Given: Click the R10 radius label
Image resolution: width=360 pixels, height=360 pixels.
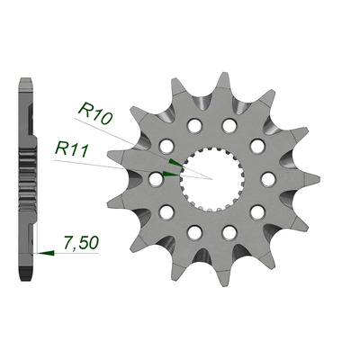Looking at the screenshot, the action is [x=94, y=113].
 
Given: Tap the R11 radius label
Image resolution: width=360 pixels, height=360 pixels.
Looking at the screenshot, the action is [x=71, y=149].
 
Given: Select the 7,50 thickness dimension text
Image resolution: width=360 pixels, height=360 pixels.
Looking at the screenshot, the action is [x=81, y=242].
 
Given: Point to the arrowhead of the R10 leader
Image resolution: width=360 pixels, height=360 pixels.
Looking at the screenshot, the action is [x=175, y=162].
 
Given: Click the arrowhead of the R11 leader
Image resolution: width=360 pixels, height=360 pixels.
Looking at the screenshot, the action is [x=171, y=174].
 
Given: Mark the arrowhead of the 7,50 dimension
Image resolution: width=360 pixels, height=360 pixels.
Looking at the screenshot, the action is [x=46, y=253].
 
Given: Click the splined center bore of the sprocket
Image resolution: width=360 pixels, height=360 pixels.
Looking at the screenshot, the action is [x=211, y=179].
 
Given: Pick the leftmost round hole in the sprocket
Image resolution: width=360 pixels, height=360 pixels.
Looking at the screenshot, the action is [x=156, y=179].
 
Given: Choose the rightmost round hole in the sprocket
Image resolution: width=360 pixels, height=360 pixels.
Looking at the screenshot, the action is [x=268, y=179].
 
